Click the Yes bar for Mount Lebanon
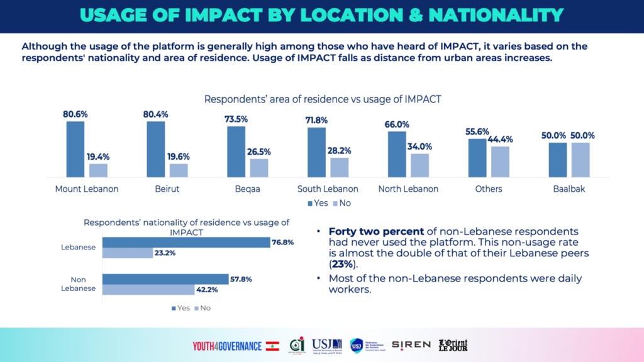pyautogui.click(x=75, y=149)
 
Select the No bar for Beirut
pyautogui.click(x=179, y=170)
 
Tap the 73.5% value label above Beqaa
pyautogui.click(x=236, y=119)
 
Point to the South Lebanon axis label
pyautogui.click(x=328, y=189)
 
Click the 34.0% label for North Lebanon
pyautogui.click(x=420, y=146)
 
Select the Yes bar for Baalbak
pyautogui.click(x=557, y=160)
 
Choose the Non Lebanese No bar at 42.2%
pyautogui.click(x=148, y=290)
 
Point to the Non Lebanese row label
pyautogui.click(x=78, y=284)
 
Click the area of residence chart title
pyautogui.click(x=322, y=99)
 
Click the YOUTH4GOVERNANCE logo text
pyautogui.click(x=228, y=345)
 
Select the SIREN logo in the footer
pyautogui.click(x=411, y=344)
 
